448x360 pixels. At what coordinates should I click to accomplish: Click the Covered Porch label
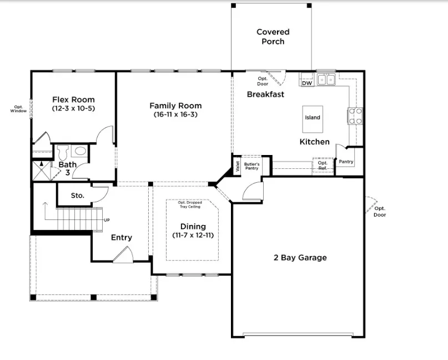point(273,37)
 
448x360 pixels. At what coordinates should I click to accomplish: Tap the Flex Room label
point(73,99)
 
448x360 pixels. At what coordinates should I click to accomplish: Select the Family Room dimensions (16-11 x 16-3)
point(175,114)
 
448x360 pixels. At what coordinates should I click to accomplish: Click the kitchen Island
point(313,119)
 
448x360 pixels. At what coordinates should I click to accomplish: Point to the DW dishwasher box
point(307,83)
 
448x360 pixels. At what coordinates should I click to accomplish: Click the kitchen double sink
point(326,79)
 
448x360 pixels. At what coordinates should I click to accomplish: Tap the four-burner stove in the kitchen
point(355,116)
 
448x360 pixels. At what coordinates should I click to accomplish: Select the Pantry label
point(346,162)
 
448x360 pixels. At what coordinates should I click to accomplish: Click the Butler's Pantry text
point(251,166)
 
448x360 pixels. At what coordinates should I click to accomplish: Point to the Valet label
point(238,167)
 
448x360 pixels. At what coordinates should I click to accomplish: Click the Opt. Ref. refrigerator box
point(323,165)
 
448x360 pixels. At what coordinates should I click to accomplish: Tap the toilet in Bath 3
point(63,152)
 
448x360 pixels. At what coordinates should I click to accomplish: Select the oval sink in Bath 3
point(80,151)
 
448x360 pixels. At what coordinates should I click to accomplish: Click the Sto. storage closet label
point(77,196)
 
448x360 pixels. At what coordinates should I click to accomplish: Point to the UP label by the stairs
point(107,220)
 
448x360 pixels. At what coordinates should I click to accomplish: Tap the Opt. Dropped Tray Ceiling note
point(190,204)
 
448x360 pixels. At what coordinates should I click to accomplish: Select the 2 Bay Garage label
point(300,258)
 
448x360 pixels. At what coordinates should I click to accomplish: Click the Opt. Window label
point(18,109)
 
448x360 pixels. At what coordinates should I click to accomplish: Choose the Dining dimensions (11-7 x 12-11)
point(193,236)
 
